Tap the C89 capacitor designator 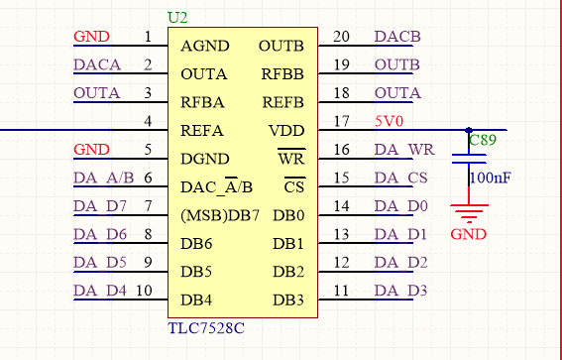(x=484, y=141)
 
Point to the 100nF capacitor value (x=492, y=179)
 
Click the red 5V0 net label (x=390, y=122)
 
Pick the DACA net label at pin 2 (x=97, y=65)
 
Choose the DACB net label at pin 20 (x=397, y=38)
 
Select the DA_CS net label (x=400, y=179)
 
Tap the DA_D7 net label (x=100, y=206)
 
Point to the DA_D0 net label (x=400, y=206)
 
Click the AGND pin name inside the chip (x=205, y=46)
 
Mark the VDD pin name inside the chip (x=287, y=131)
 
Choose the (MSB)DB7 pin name (x=220, y=215)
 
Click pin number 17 (x=342, y=122)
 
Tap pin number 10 (x=144, y=291)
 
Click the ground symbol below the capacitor (x=468, y=211)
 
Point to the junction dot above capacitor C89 (x=468, y=130)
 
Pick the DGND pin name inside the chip (x=205, y=159)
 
